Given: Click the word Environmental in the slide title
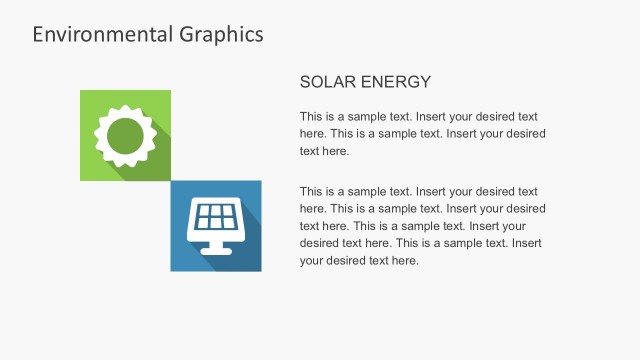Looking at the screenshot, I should [91, 34].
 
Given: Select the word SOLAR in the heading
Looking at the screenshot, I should [326, 82].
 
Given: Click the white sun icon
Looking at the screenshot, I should [125, 136].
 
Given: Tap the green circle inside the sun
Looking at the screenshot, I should [125, 136].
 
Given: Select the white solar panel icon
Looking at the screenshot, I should [215, 226].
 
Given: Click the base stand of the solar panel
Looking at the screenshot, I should [215, 246].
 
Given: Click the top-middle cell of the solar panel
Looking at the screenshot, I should [215, 211].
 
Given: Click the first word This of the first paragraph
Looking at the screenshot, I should [311, 116].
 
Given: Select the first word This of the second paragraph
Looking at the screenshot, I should [311, 191].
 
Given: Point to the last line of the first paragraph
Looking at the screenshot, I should [324, 152].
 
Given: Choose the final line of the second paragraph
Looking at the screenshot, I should [359, 261].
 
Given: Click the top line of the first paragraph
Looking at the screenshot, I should [419, 116].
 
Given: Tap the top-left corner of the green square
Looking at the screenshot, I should [81, 91].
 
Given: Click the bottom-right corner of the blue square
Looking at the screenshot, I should [260, 270].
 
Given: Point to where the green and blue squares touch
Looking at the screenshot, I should [170, 181].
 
